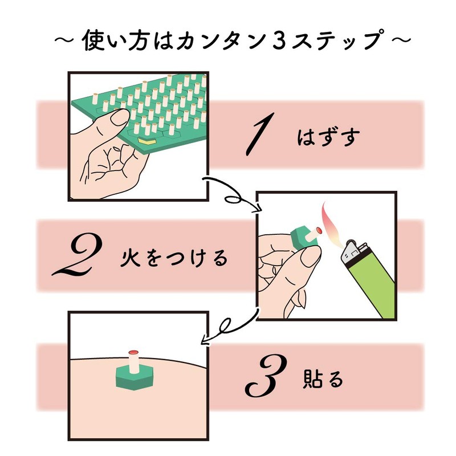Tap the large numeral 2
click(x=78, y=256)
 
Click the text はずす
click(x=322, y=139)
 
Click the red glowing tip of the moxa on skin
click(x=134, y=352)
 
